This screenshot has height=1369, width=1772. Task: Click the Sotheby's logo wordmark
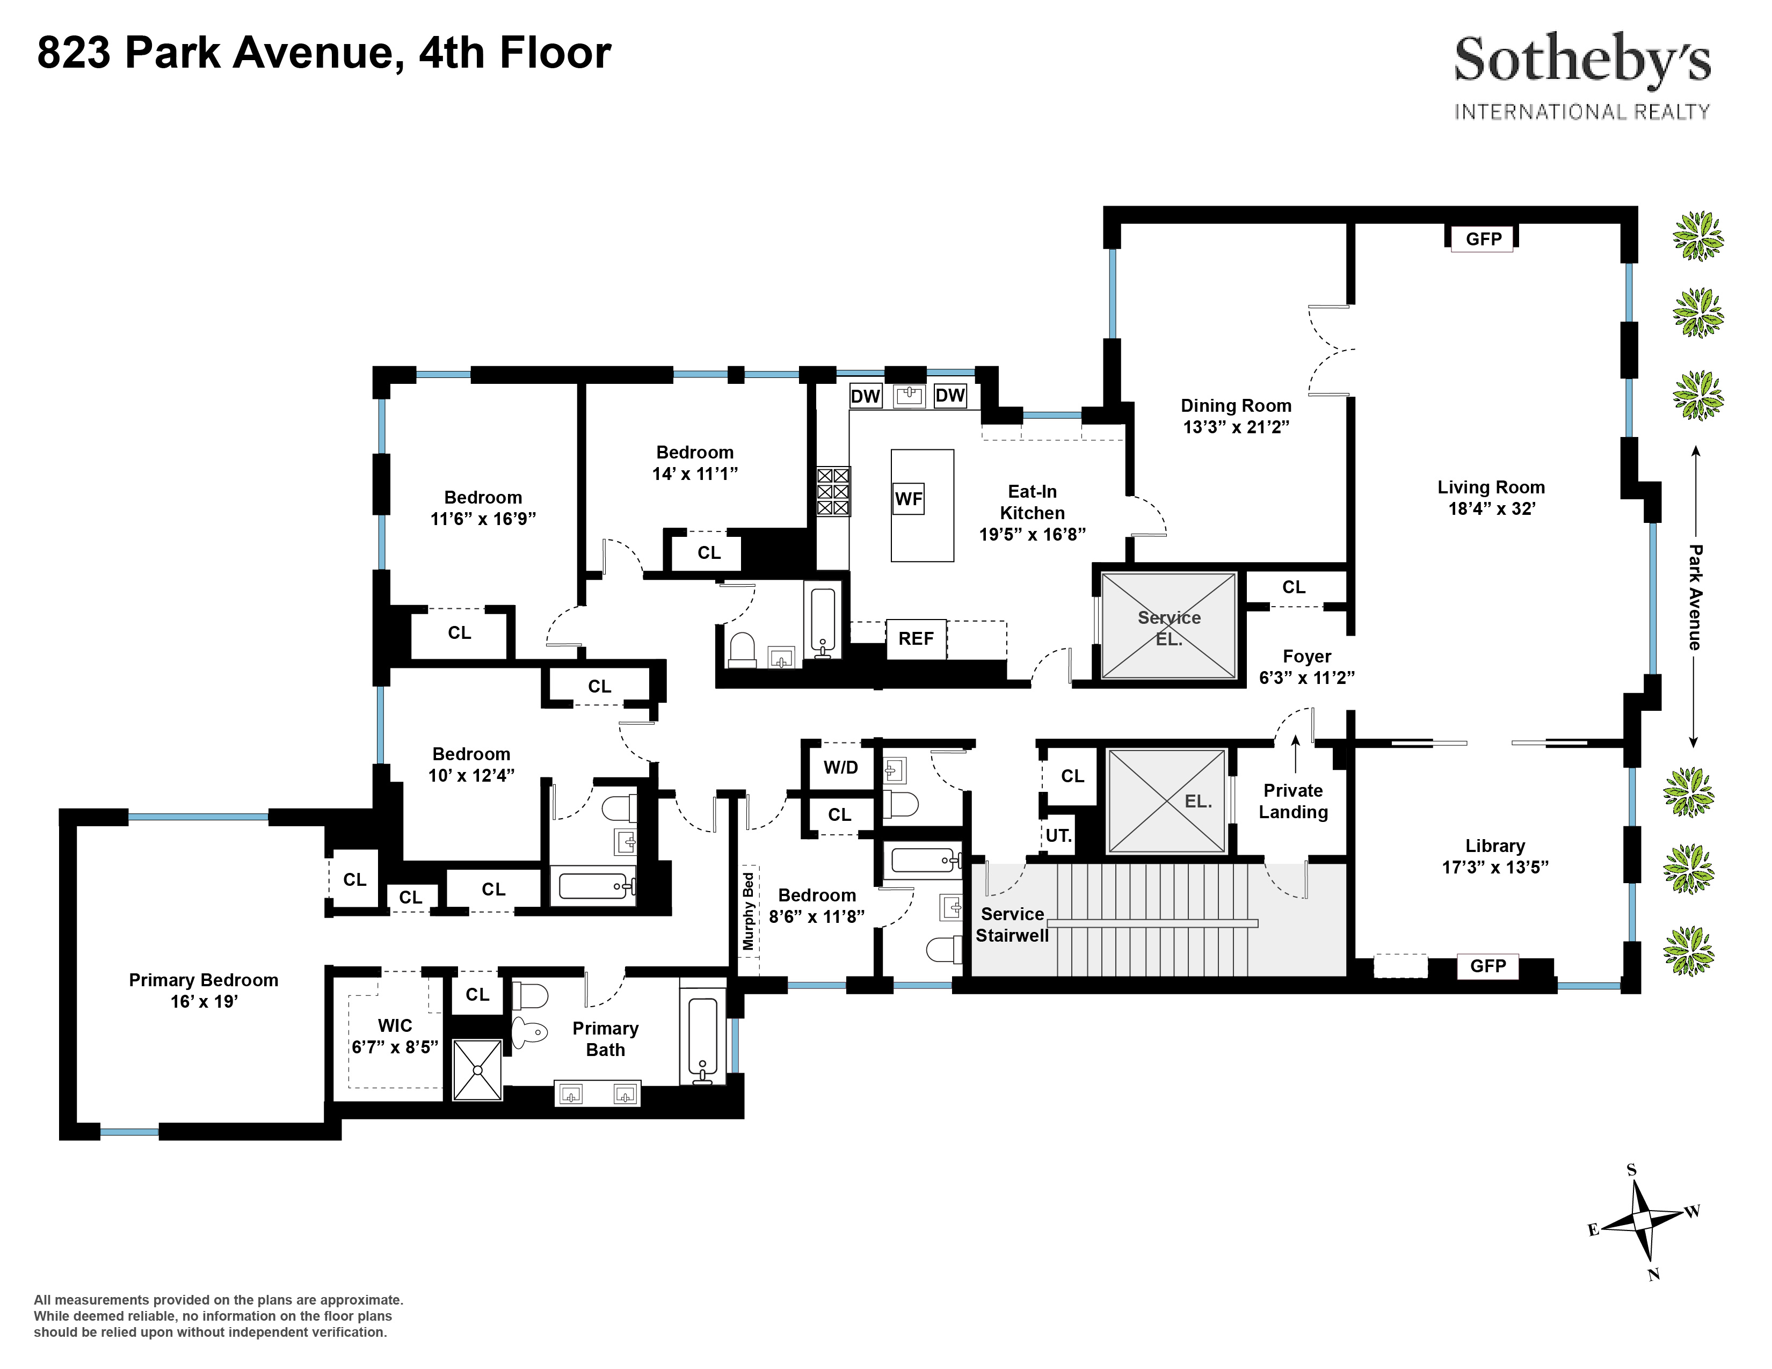[1581, 60]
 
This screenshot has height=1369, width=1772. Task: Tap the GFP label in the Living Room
[1483, 238]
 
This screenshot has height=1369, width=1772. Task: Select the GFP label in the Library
[1487, 965]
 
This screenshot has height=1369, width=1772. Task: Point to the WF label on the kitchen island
[908, 499]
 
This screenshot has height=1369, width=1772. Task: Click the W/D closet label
[840, 767]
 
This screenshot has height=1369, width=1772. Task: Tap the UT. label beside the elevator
[1058, 835]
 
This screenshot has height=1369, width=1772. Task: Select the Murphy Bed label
[748, 911]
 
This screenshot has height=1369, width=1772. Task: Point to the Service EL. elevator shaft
[1168, 626]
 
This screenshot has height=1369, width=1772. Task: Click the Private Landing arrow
[1295, 753]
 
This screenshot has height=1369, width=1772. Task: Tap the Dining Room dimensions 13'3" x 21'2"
[1236, 427]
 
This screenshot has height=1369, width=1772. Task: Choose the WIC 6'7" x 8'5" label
[394, 1037]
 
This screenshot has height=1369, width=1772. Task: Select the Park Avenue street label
[1695, 597]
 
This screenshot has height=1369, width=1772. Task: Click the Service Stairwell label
[1011, 924]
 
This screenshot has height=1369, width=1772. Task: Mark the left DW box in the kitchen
[865, 396]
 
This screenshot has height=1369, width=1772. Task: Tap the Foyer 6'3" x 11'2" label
[1306, 667]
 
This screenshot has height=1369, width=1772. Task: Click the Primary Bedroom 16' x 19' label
[204, 991]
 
